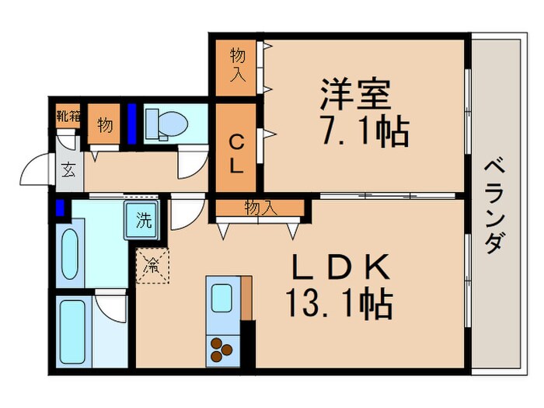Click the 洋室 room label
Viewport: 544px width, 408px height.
[x=355, y=94]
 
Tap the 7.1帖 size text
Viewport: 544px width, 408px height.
[x=364, y=132]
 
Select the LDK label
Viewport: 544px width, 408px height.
[x=340, y=267]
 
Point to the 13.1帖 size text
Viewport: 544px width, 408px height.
[x=340, y=305]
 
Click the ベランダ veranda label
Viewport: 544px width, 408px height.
[x=494, y=206]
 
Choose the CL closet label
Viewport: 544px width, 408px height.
[x=236, y=154]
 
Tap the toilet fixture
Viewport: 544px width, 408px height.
[x=166, y=124]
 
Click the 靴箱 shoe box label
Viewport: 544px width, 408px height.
[x=68, y=116]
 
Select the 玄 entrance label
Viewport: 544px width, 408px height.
[x=68, y=170]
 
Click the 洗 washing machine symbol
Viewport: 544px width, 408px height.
[x=143, y=220]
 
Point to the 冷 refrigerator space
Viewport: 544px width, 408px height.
[x=152, y=266]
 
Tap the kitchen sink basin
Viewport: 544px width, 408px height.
[x=221, y=298]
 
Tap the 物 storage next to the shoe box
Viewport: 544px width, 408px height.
[x=104, y=124]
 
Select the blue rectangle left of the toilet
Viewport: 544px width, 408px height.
[x=131, y=124]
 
